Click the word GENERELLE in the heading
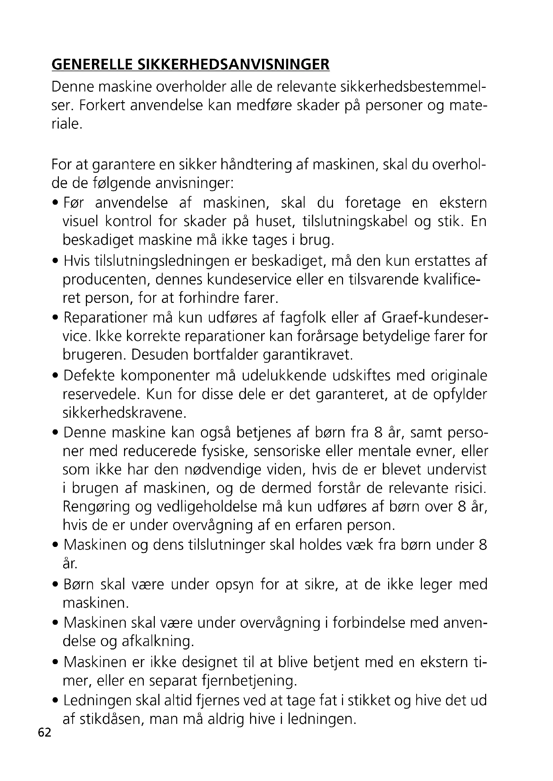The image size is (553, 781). (x=91, y=65)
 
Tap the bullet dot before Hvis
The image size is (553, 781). (x=56, y=262)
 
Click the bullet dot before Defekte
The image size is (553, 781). (x=56, y=376)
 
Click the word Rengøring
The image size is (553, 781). (x=97, y=507)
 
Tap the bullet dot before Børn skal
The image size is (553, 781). (x=56, y=585)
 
